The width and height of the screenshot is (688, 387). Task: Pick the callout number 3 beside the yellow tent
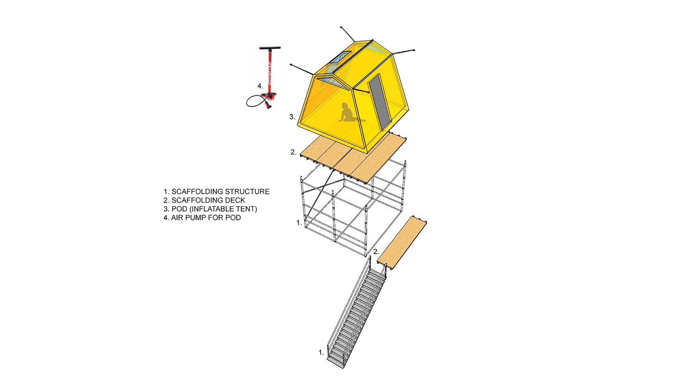point(292,116)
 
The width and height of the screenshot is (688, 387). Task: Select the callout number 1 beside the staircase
point(321,353)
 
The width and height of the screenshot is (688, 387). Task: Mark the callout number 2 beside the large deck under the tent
point(293,152)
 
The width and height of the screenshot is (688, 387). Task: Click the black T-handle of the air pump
point(270,48)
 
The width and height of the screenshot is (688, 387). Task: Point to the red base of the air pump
point(269,95)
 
